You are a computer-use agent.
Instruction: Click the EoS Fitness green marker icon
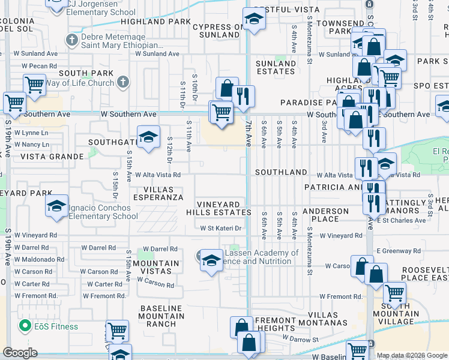(x=25, y=326)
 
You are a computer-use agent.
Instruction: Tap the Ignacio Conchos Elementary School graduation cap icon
(x=56, y=208)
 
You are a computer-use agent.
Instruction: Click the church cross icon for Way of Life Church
(x=123, y=82)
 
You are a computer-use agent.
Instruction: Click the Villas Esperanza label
(x=158, y=193)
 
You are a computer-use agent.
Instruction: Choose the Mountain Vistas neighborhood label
(x=156, y=268)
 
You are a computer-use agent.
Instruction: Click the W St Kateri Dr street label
(x=220, y=228)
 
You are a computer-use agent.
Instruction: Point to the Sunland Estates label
(x=276, y=67)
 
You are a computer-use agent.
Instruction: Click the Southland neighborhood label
(x=280, y=172)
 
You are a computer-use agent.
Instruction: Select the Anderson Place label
(x=325, y=215)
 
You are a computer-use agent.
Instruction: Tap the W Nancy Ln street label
(x=31, y=145)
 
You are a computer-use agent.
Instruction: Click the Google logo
(x=20, y=353)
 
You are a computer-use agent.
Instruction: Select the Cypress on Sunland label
(x=218, y=31)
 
